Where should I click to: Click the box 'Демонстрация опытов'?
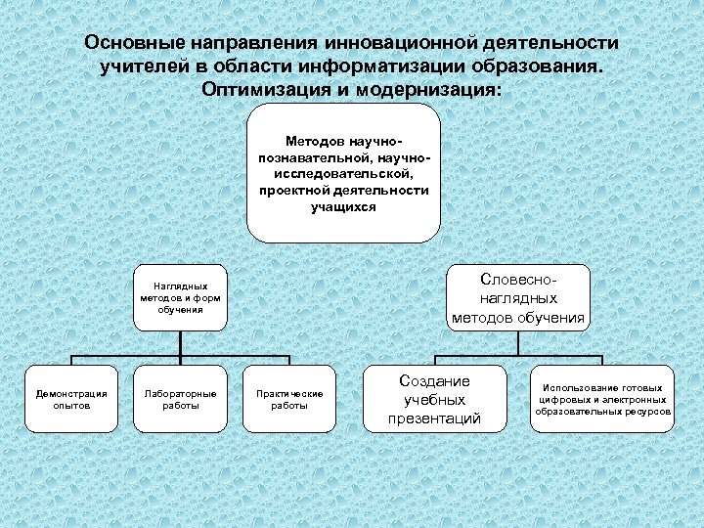[x=71, y=399]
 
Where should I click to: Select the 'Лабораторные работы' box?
[x=180, y=399]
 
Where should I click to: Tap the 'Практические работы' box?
[x=288, y=399]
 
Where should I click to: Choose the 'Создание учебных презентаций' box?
[x=435, y=399]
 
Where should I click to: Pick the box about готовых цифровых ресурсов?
[x=602, y=399]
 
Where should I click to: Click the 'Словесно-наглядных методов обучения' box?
[x=519, y=294]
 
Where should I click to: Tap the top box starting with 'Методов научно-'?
[x=343, y=174]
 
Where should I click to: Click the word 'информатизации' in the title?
[x=369, y=66]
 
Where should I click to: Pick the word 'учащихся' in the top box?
[x=343, y=207]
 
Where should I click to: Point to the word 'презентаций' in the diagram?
[x=435, y=418]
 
